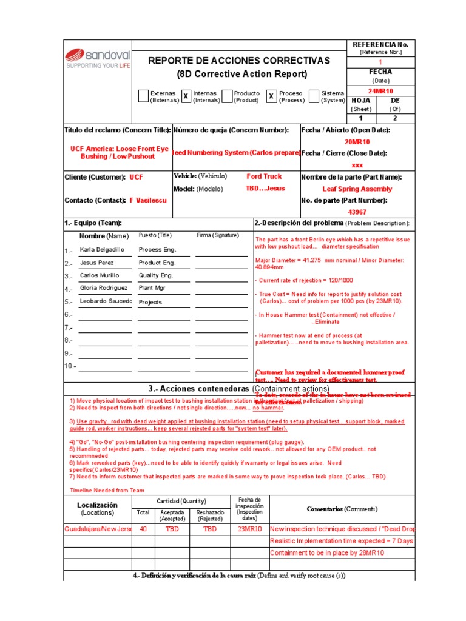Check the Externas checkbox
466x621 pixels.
click(143, 96)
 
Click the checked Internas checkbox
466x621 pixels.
click(186, 96)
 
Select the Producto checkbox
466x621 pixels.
click(227, 96)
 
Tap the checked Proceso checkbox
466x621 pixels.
click(271, 96)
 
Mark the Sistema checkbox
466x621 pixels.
click(314, 96)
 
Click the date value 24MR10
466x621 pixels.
click(381, 90)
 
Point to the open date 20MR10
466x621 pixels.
click(358, 141)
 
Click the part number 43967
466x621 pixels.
click(357, 212)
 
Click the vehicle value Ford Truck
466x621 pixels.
click(264, 176)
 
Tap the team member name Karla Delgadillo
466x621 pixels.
click(102, 249)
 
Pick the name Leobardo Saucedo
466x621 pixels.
click(106, 301)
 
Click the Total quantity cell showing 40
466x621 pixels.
click(143, 528)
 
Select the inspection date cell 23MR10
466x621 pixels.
click(249, 528)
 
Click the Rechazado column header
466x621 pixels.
click(210, 515)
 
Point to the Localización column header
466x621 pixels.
click(97, 508)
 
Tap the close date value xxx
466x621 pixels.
click(358, 165)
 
